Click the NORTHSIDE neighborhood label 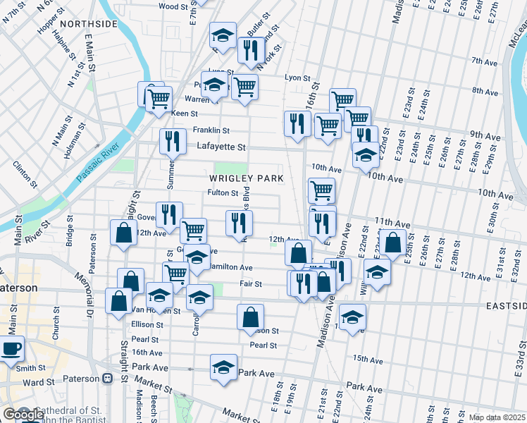click(x=88, y=24)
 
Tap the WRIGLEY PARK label click(x=247, y=178)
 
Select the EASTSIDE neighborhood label click(x=505, y=306)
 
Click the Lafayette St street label click(x=221, y=147)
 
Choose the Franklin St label click(x=211, y=130)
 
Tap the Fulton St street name click(x=223, y=192)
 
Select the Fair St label click(x=250, y=284)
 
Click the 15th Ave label click(x=368, y=359)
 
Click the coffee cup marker click(x=11, y=349)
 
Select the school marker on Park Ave click(x=224, y=367)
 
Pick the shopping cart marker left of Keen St click(x=159, y=98)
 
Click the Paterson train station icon click(x=108, y=378)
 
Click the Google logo click(x=23, y=415)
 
